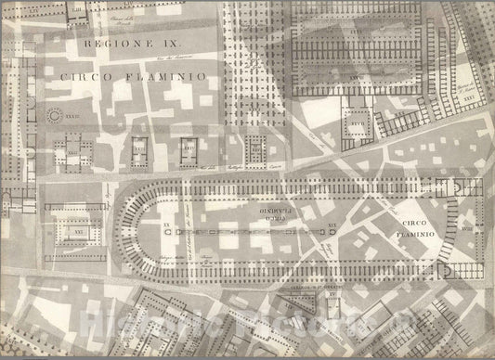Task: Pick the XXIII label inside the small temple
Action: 140,147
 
